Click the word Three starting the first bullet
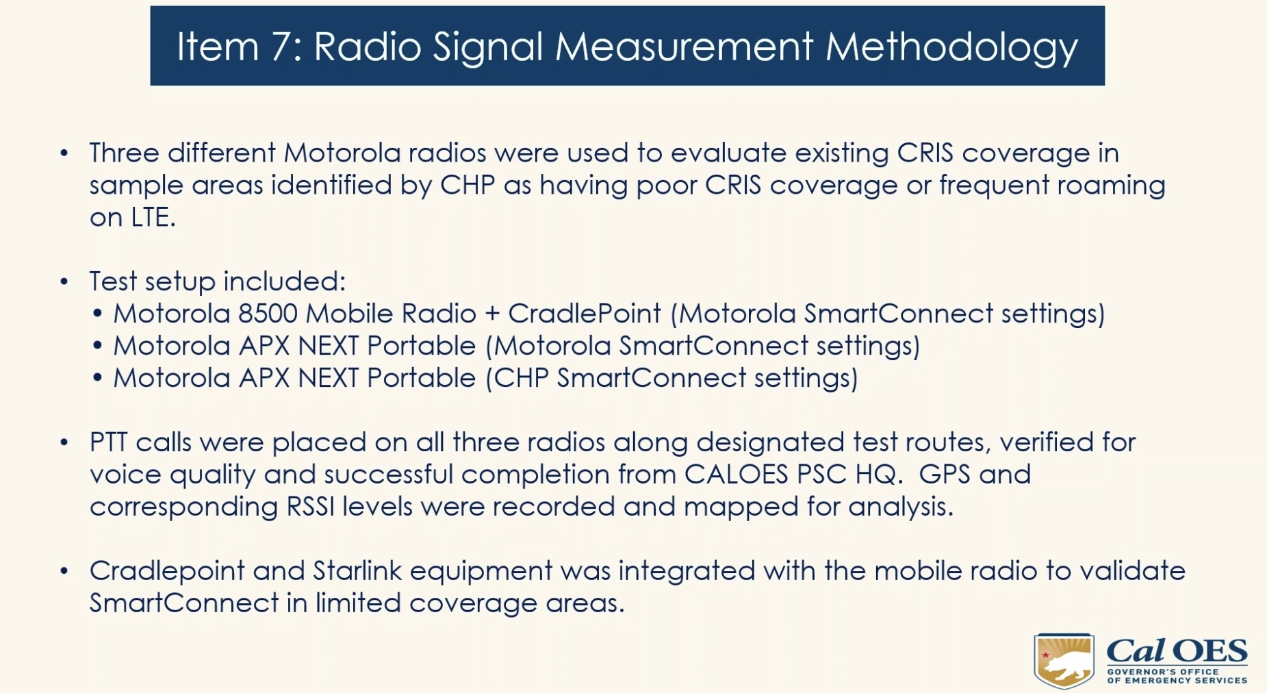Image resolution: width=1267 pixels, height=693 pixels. [x=124, y=152]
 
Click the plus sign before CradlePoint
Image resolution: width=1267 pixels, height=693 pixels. [x=492, y=314]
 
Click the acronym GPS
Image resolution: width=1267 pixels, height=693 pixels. [x=944, y=474]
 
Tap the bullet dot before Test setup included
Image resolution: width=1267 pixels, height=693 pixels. [x=64, y=281]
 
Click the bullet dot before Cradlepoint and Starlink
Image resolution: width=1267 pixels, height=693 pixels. [x=64, y=570]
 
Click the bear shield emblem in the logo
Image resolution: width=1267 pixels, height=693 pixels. [x=1063, y=660]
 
